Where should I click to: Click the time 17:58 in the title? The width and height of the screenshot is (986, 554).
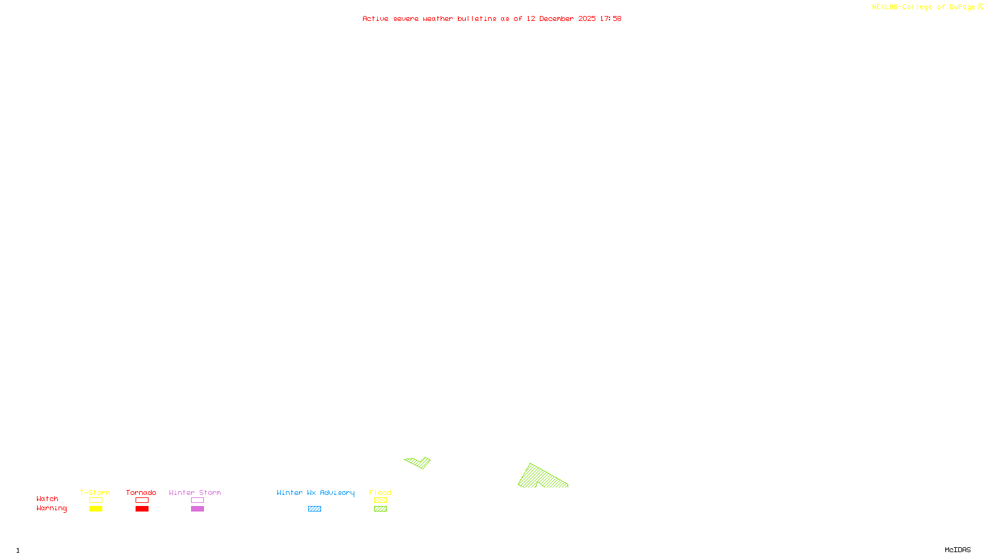[x=610, y=18]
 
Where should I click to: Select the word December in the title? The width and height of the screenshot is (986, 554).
[x=556, y=18]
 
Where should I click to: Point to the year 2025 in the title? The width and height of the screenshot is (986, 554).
[x=587, y=18]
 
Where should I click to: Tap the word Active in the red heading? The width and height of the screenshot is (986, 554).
[x=375, y=18]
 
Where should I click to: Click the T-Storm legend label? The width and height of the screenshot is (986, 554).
[x=95, y=492]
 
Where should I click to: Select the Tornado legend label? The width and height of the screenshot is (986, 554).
[x=141, y=492]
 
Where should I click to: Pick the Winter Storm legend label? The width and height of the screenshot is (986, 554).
[x=195, y=492]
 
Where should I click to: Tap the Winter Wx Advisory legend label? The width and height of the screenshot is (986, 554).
[x=316, y=492]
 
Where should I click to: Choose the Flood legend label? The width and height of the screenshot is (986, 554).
[x=380, y=492]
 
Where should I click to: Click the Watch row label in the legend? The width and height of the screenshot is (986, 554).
[x=47, y=499]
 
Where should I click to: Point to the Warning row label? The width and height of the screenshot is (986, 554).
[x=51, y=508]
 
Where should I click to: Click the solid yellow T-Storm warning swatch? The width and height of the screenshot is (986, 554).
[x=96, y=509]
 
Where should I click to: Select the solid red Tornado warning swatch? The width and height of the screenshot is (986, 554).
[x=142, y=509]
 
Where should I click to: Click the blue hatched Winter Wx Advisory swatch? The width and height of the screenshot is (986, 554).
[x=314, y=509]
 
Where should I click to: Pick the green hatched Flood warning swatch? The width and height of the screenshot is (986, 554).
[x=380, y=509]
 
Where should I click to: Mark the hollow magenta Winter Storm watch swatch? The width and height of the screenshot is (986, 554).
[x=197, y=500]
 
